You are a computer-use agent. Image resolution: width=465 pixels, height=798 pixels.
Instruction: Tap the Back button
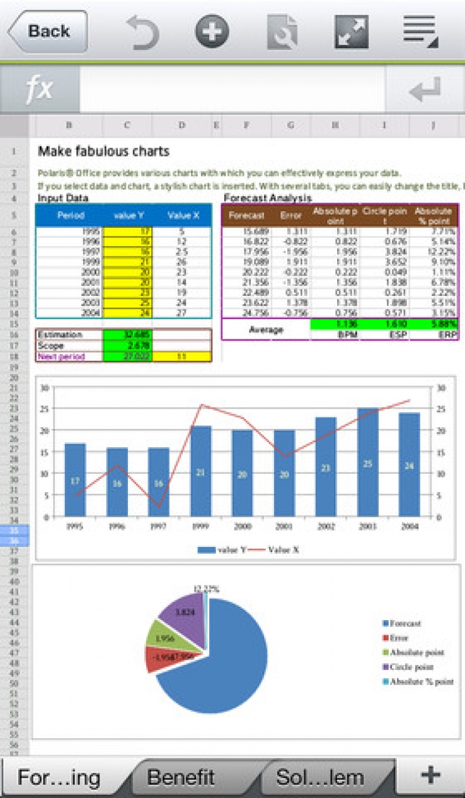click(47, 31)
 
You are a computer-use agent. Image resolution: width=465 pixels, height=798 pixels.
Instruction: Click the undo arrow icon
click(142, 32)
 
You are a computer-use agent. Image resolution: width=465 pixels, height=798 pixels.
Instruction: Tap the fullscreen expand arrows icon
click(351, 32)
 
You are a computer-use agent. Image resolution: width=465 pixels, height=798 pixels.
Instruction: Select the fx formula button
click(40, 90)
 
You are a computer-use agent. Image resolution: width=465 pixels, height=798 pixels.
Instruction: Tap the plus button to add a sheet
click(430, 775)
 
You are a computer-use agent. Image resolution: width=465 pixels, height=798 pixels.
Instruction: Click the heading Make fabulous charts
click(103, 151)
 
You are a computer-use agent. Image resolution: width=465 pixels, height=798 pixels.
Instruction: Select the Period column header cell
click(70, 216)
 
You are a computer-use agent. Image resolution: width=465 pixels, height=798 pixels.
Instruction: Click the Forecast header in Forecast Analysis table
click(242, 216)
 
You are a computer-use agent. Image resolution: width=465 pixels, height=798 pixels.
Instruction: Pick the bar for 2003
click(368, 462)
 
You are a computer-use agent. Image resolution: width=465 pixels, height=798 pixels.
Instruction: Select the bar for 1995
click(75, 480)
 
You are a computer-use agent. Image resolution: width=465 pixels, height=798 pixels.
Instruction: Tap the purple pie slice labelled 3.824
click(183, 614)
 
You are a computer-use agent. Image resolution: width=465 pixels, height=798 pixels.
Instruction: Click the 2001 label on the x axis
click(284, 525)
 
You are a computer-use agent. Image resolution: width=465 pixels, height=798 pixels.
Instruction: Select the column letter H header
click(335, 126)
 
